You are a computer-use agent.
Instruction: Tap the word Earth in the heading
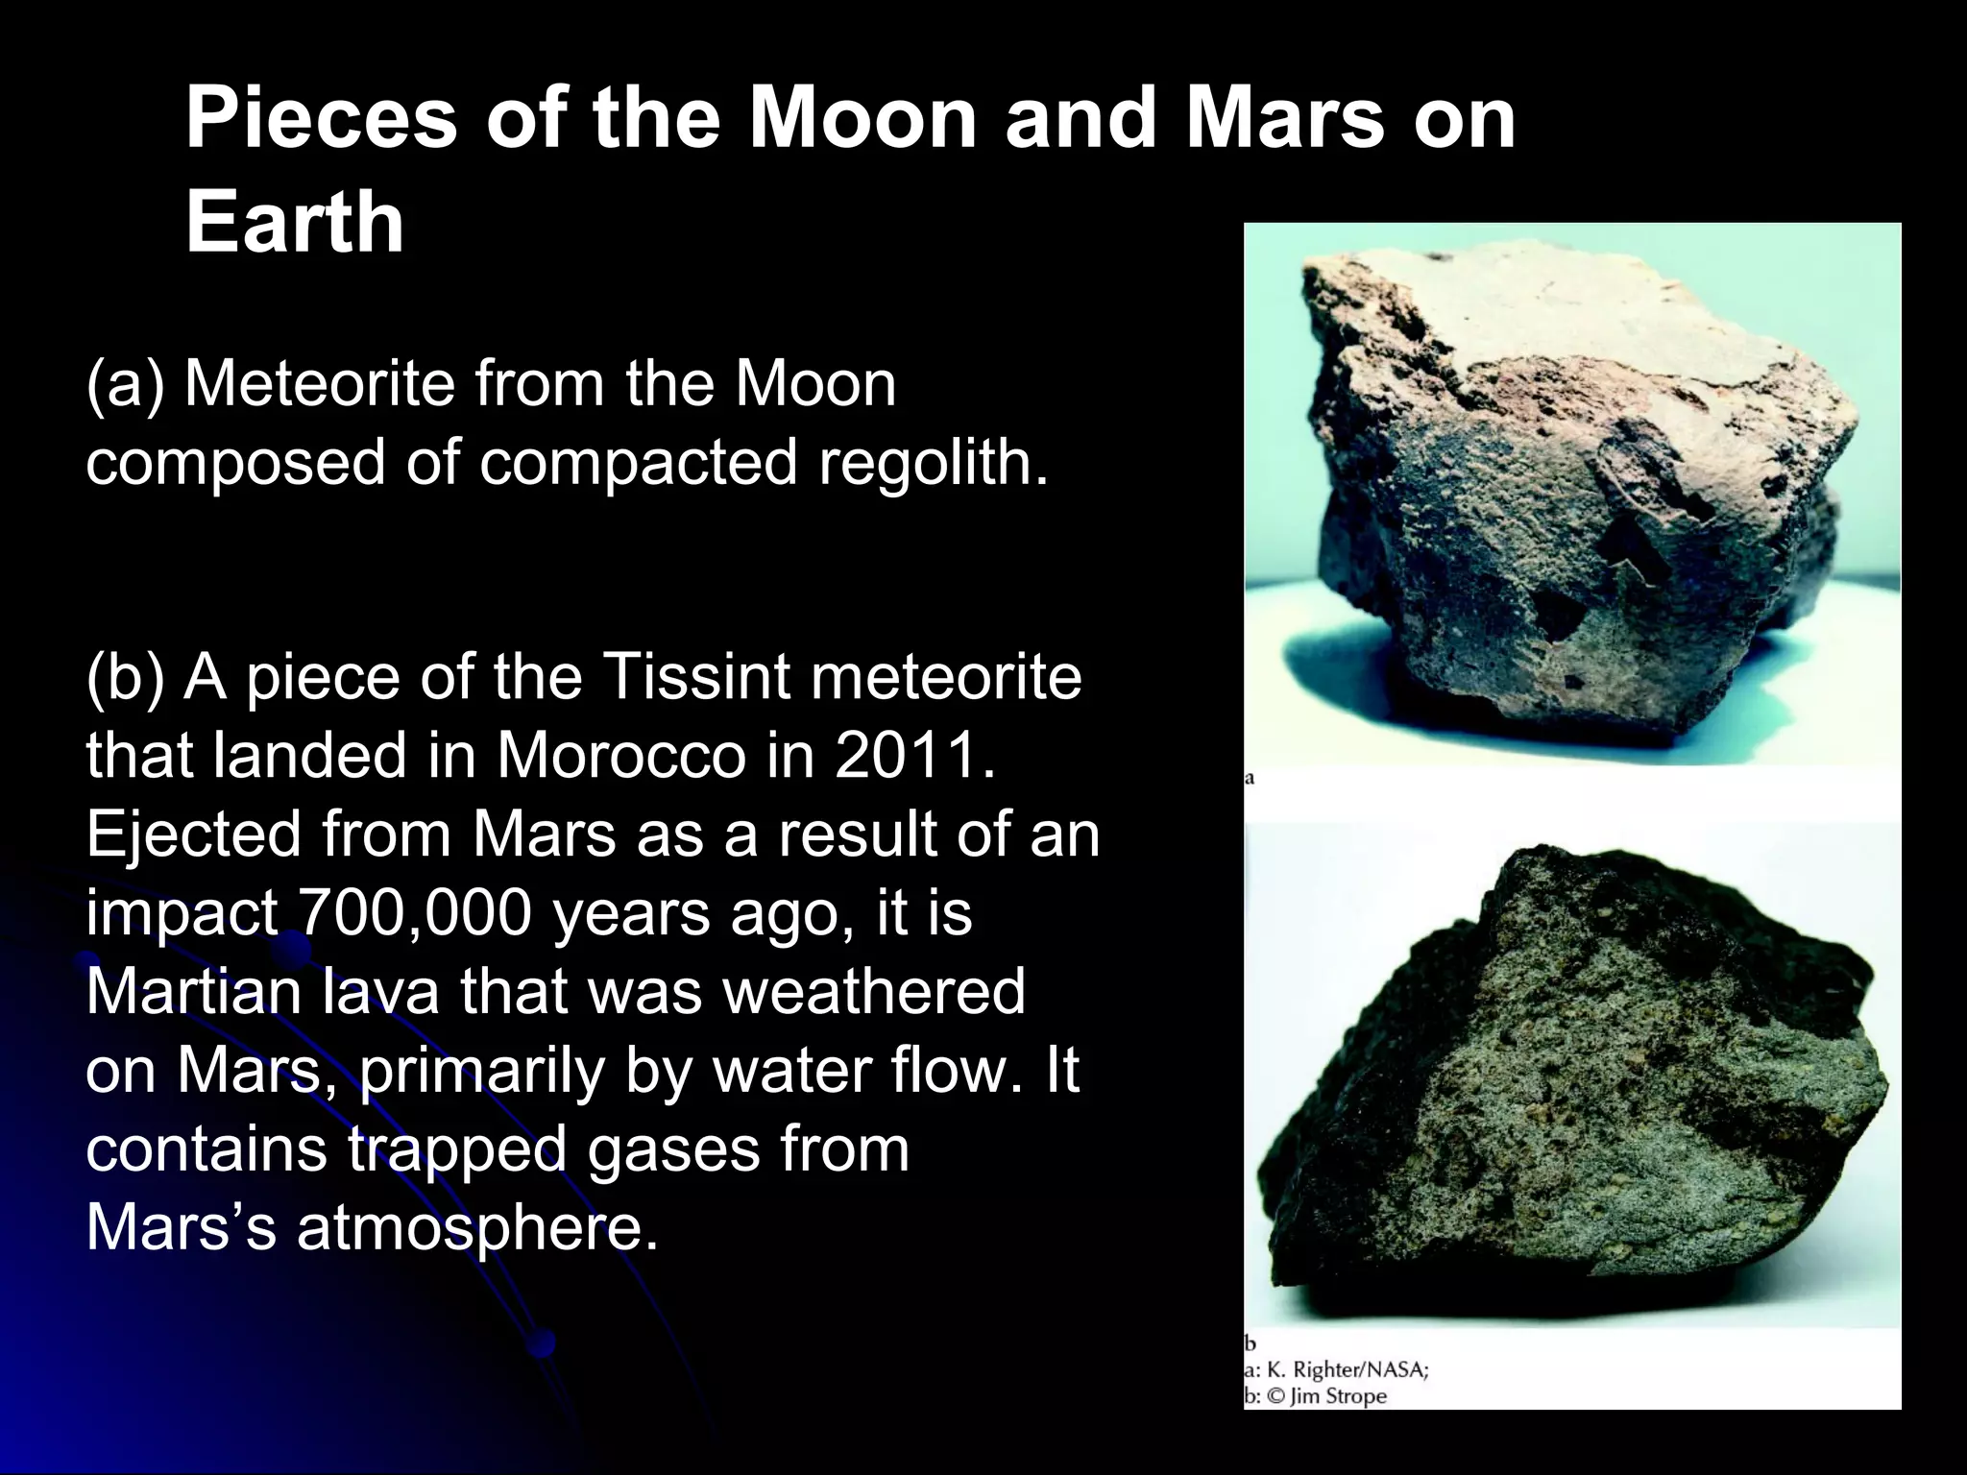tap(295, 222)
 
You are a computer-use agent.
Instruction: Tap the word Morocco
tap(620, 756)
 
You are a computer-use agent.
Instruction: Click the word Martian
tap(192, 992)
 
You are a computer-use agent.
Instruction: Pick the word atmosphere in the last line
tap(477, 1228)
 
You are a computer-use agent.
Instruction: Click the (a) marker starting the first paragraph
tap(126, 384)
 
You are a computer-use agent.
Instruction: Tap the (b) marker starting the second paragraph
tap(126, 677)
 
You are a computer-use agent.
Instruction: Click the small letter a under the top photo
tap(1250, 779)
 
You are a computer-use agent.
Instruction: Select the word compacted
tap(639, 463)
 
